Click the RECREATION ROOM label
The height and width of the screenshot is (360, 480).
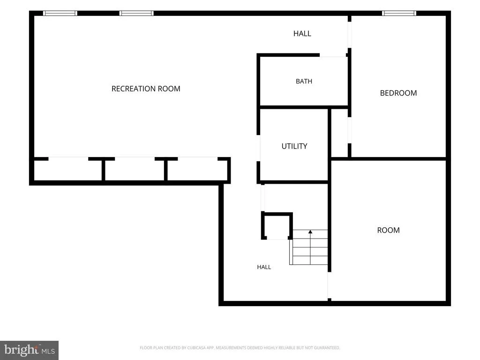coord(146,89)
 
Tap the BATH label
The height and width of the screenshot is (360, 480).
coord(304,82)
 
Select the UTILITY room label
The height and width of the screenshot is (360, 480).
coord(294,146)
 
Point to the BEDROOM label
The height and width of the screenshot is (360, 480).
coord(398,93)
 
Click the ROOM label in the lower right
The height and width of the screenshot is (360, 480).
coord(388,230)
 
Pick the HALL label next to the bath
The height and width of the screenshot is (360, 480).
coord(302,34)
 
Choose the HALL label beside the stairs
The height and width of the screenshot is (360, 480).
coord(264,267)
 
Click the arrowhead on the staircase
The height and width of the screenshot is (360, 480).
coord(310,232)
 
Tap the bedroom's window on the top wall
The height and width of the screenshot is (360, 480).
coord(399,13)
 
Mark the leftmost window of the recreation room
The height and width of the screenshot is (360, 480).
coord(60,13)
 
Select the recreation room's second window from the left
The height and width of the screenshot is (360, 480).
coord(136,13)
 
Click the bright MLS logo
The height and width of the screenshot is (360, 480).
coord(30,350)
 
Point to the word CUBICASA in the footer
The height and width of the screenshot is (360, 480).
coord(196,348)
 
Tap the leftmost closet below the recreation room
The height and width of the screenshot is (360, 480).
coord(67,170)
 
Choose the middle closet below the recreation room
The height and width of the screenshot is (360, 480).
coord(135,170)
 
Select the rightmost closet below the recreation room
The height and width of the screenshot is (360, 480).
coord(197,170)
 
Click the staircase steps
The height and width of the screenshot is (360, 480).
coord(308,247)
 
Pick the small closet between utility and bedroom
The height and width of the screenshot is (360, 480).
coord(339,133)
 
